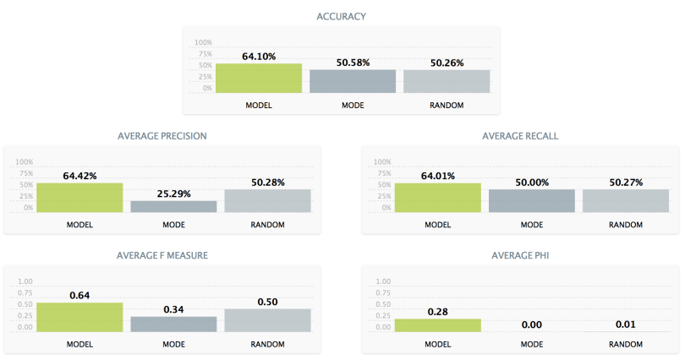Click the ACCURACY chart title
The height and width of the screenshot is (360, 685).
pyautogui.click(x=341, y=16)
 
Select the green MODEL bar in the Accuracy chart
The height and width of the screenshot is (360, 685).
pyautogui.click(x=259, y=78)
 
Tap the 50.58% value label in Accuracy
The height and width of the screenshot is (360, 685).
pyautogui.click(x=353, y=63)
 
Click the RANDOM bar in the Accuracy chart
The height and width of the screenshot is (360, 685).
pyautogui.click(x=447, y=81)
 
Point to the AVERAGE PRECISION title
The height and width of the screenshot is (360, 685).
pyautogui.click(x=162, y=135)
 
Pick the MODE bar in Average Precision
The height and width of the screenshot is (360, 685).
pyautogui.click(x=174, y=205)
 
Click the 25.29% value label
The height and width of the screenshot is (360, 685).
pyautogui.click(x=174, y=194)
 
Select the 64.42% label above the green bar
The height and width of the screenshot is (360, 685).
pyautogui.click(x=80, y=176)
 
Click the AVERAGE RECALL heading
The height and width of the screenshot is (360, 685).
pyautogui.click(x=520, y=135)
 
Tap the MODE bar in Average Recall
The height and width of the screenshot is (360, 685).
pyautogui.click(x=532, y=200)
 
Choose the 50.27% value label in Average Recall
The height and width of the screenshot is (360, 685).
pyautogui.click(x=626, y=182)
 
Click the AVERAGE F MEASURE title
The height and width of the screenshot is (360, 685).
pyautogui.click(x=162, y=254)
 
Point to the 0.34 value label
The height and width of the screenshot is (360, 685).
pyautogui.click(x=174, y=309)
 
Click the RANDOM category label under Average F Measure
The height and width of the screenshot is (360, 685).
pyautogui.click(x=268, y=344)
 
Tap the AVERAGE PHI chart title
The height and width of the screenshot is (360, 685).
pyautogui.click(x=520, y=254)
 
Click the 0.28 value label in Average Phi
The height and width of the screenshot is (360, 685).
pyautogui.click(x=437, y=312)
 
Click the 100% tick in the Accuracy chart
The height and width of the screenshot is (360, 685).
pyautogui.click(x=204, y=42)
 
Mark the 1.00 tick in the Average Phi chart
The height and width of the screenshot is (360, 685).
pyautogui.click(x=382, y=281)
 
